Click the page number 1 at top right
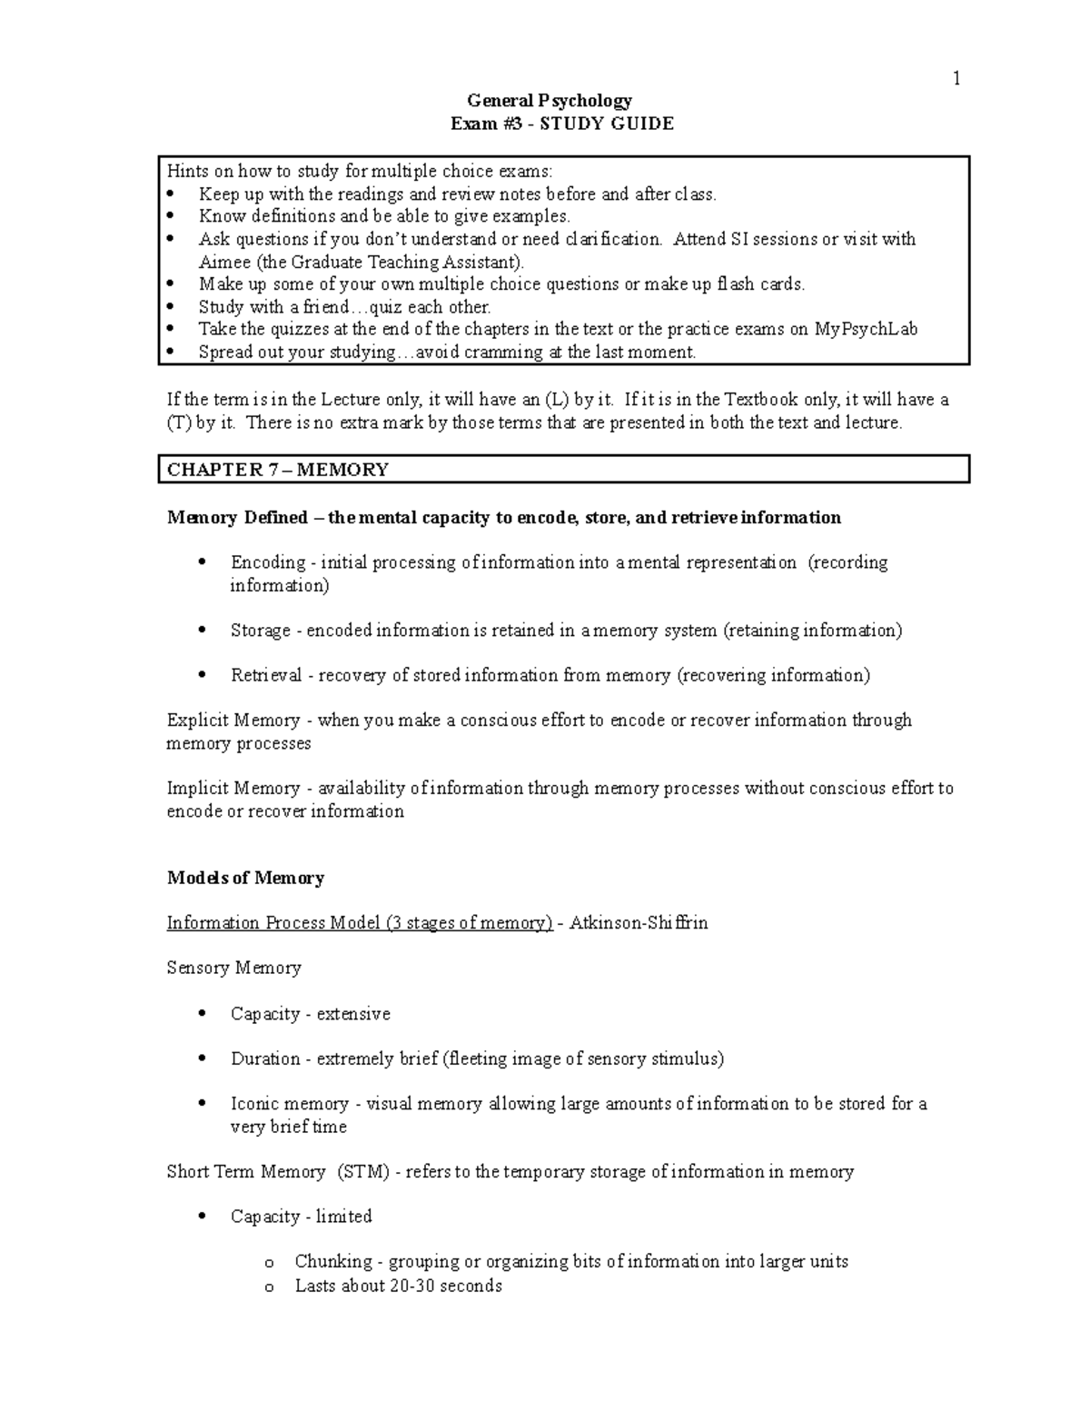coord(956,79)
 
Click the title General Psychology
coord(550,101)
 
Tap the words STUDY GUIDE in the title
coord(607,124)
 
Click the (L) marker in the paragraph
coord(556,399)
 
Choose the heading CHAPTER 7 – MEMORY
coord(278,470)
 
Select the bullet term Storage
coord(260,631)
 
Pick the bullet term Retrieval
coord(265,675)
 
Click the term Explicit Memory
coord(233,720)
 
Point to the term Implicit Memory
coord(233,788)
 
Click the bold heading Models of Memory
coord(245,878)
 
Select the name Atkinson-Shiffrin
coord(639,923)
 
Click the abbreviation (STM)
coord(362,1172)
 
